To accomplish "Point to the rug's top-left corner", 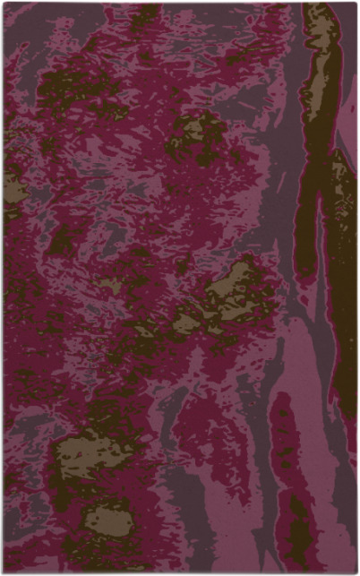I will pyautogui.click(x=4, y=4).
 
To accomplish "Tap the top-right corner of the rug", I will pyautogui.click(x=356, y=4).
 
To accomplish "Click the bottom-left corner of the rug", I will pyautogui.click(x=4, y=572).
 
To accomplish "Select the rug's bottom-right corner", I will pyautogui.click(x=356, y=572).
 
